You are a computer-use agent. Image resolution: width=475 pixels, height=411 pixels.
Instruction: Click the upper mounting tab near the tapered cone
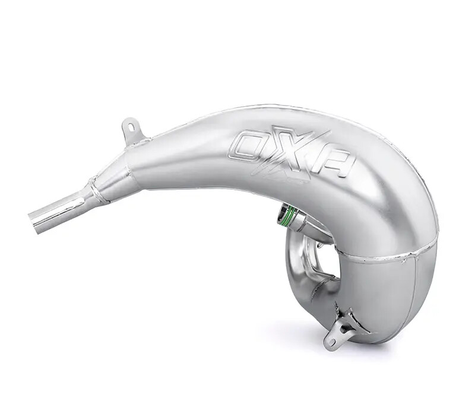132,131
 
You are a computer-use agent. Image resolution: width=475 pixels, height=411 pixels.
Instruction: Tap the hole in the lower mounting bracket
331,340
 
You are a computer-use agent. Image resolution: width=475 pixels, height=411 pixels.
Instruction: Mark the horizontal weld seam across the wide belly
386,256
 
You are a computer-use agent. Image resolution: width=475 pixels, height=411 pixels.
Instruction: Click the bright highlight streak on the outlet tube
59,209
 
